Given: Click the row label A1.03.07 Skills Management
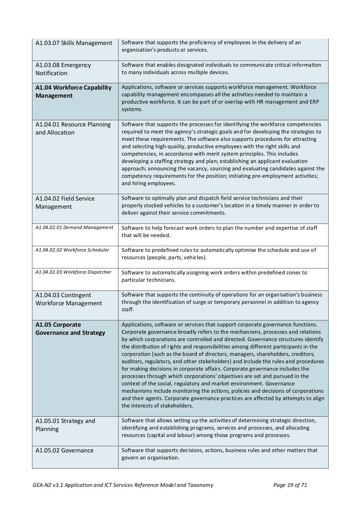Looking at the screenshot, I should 74,43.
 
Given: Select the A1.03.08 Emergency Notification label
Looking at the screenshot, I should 63,69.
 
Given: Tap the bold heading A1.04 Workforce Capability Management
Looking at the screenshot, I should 73,92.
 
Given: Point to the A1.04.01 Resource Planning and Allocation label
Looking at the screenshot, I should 73,129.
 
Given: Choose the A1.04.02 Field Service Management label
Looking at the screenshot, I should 65,203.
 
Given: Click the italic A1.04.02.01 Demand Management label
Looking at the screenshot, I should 74,227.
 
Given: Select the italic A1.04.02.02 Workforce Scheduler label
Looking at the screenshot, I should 72,250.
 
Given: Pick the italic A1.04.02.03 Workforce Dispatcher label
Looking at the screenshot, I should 73,272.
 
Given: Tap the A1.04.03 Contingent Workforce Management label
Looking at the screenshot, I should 69,299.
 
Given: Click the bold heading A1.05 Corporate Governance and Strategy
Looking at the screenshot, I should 70,329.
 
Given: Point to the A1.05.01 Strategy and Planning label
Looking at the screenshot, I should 65,425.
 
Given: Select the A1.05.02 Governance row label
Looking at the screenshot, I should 64,450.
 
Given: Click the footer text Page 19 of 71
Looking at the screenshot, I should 290,485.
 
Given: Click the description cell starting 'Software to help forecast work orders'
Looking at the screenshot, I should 219,231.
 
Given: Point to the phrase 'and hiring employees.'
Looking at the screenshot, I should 148,183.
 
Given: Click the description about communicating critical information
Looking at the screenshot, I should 221,69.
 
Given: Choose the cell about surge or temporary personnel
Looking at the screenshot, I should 220,302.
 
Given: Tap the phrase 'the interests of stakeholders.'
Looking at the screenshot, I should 157,406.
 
